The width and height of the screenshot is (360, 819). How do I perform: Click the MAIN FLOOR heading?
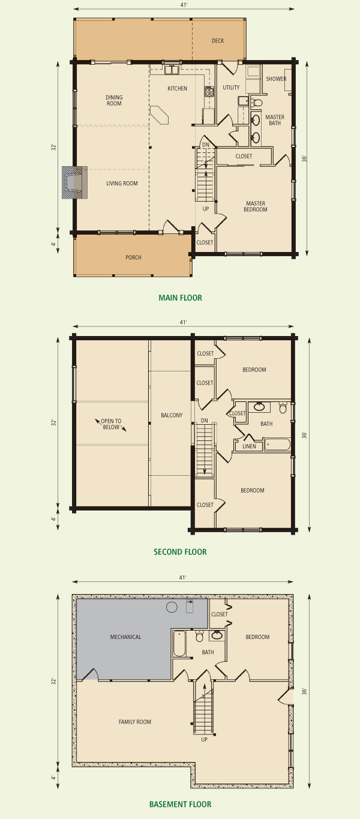click(x=180, y=298)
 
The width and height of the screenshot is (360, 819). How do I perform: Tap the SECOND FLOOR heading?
click(x=180, y=552)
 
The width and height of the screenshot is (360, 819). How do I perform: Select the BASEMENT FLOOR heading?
click(x=180, y=805)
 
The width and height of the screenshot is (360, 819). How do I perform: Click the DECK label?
click(x=218, y=41)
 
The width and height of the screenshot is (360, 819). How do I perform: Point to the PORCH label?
click(x=133, y=257)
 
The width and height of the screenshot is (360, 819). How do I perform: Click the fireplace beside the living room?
click(x=74, y=183)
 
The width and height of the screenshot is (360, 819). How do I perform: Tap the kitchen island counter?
click(x=160, y=115)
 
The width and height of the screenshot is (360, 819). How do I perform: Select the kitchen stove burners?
click(x=209, y=91)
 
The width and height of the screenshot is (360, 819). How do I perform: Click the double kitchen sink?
click(x=171, y=70)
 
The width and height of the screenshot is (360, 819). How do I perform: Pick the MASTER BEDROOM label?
click(x=256, y=206)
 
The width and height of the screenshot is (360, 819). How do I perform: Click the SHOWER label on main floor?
click(x=276, y=79)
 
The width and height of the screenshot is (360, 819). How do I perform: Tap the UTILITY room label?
click(x=232, y=88)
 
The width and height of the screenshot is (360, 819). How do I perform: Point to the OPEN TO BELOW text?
click(x=111, y=424)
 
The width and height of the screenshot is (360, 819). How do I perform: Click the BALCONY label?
click(x=172, y=415)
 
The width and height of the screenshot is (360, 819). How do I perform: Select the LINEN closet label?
click(x=249, y=446)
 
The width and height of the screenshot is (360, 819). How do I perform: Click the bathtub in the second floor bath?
click(x=277, y=445)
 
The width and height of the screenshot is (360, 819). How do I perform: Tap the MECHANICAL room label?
click(x=126, y=637)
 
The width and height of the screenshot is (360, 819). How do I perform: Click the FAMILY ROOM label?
click(x=135, y=722)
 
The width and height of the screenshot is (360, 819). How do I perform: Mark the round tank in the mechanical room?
click(x=172, y=607)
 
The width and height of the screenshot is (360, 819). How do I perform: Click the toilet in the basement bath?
click(x=200, y=636)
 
